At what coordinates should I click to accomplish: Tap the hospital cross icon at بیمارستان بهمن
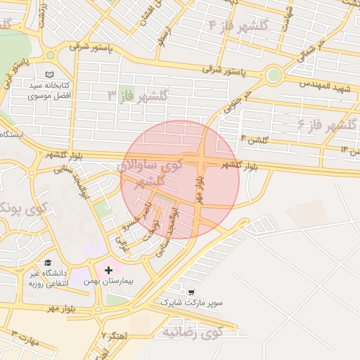tap(108, 270)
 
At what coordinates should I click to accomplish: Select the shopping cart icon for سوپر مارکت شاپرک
tap(191, 292)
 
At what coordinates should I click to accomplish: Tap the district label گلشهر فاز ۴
tap(239, 25)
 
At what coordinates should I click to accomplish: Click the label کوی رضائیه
tap(192, 330)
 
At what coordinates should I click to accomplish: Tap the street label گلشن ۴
tap(254, 140)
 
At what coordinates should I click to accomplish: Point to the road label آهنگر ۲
tap(112, 335)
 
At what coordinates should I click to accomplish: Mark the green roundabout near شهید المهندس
tap(274, 75)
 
